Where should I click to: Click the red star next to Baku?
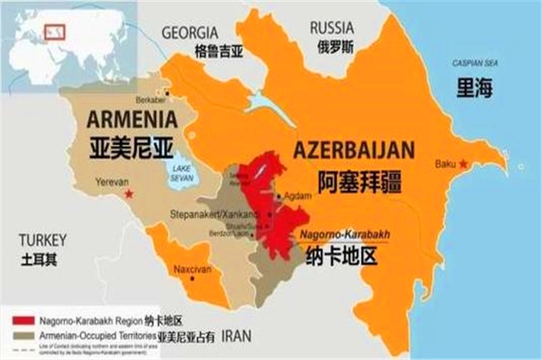463,164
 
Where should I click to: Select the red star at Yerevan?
129,191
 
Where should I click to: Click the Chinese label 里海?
475,89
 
